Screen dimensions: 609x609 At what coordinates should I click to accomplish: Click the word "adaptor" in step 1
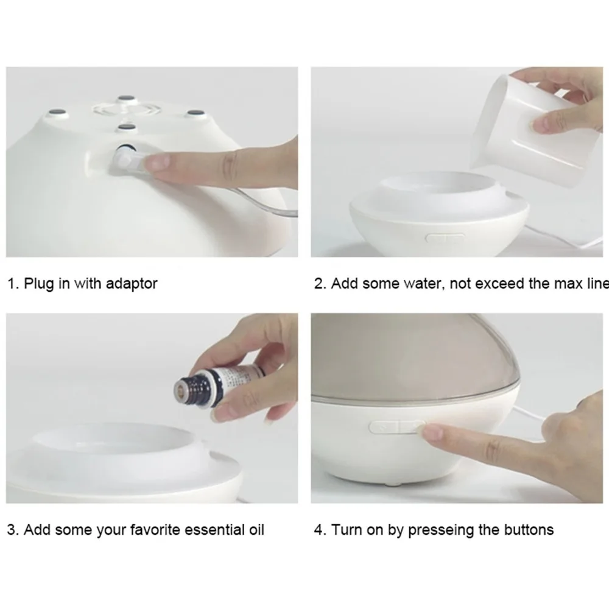click(x=132, y=284)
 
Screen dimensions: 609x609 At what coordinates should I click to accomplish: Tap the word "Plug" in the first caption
click(x=39, y=284)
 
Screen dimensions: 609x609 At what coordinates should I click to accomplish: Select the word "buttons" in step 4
click(x=529, y=530)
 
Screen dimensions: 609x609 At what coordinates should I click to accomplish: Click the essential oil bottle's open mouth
click(x=180, y=388)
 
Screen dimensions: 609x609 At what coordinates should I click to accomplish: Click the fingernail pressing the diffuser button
click(x=428, y=429)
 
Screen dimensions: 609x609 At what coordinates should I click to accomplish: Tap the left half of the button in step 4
click(x=384, y=428)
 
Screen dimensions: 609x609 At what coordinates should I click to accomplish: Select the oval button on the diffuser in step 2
click(x=445, y=238)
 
